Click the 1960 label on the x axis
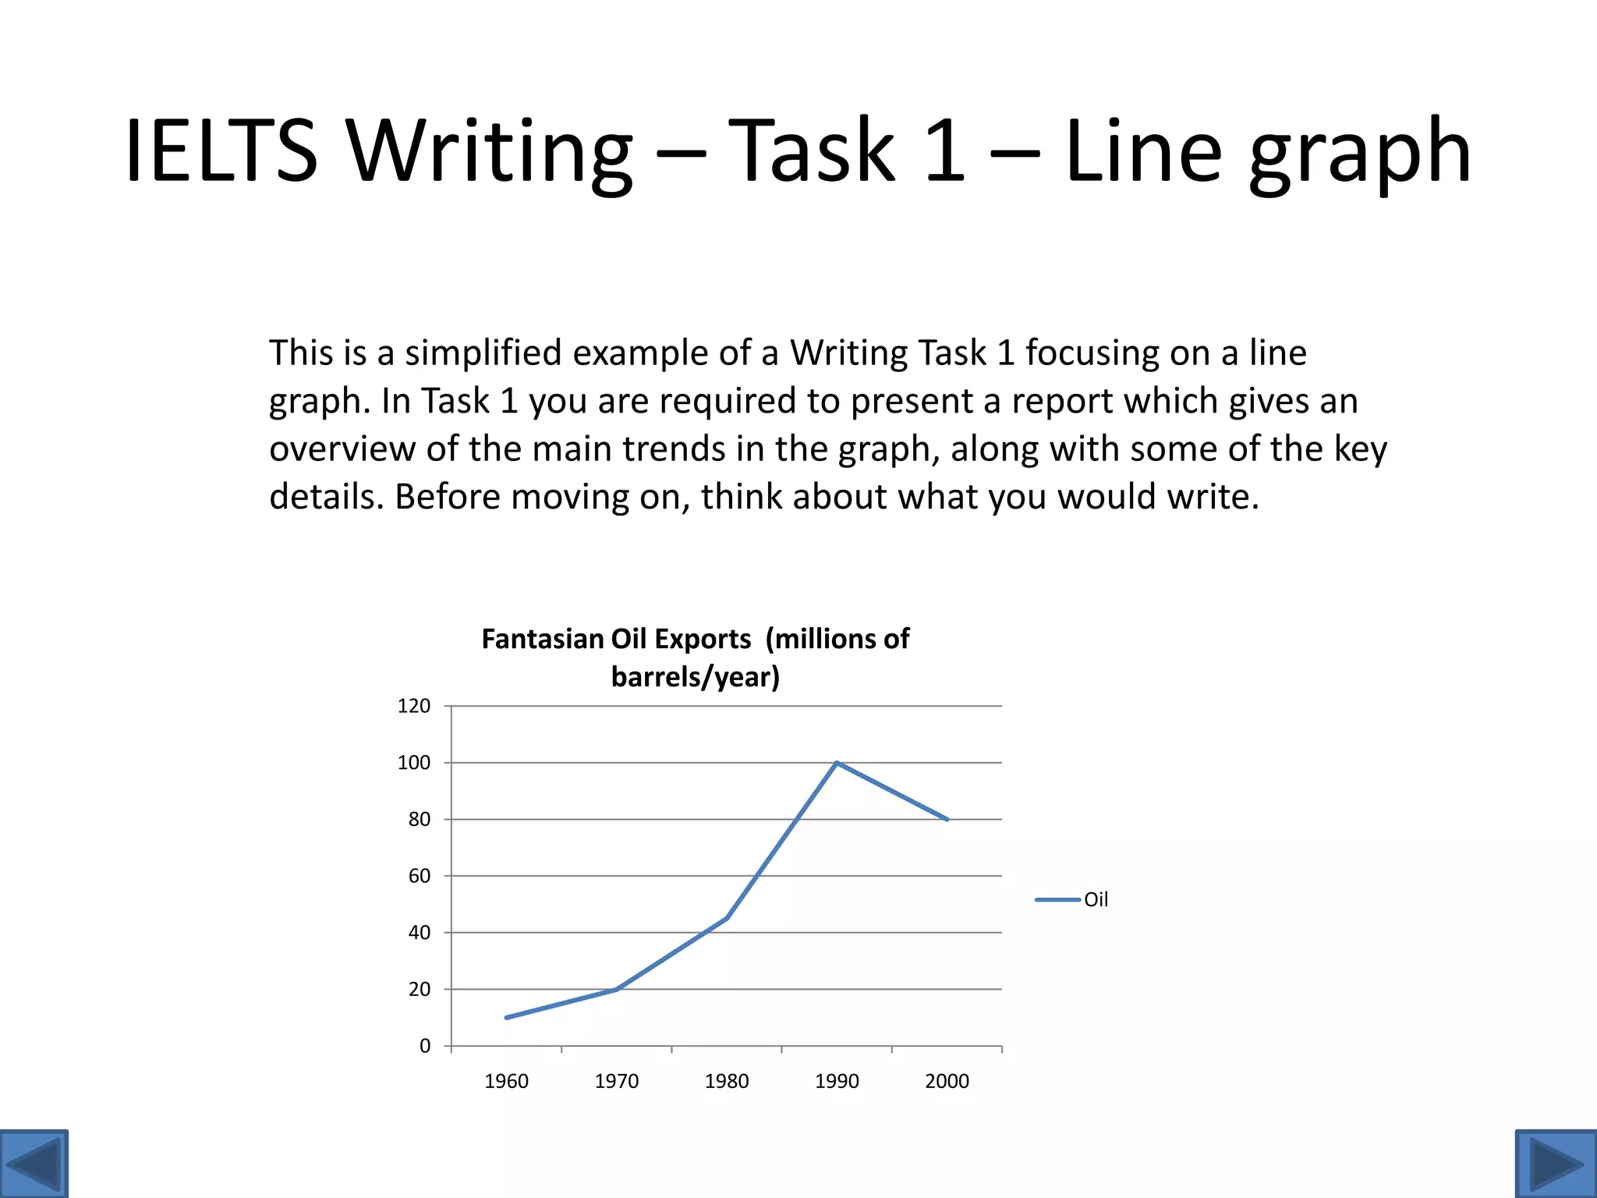click(506, 1081)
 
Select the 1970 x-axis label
click(616, 1081)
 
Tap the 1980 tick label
click(727, 1081)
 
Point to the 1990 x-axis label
click(837, 1081)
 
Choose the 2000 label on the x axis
click(947, 1081)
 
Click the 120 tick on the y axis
click(413, 706)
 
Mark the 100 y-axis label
click(413, 763)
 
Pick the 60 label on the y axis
click(419, 876)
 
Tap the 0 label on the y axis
click(425, 1046)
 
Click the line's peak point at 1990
click(837, 763)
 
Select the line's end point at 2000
click(947, 820)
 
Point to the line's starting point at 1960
click(507, 1017)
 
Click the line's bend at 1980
click(727, 918)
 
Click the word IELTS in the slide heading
click(221, 150)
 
